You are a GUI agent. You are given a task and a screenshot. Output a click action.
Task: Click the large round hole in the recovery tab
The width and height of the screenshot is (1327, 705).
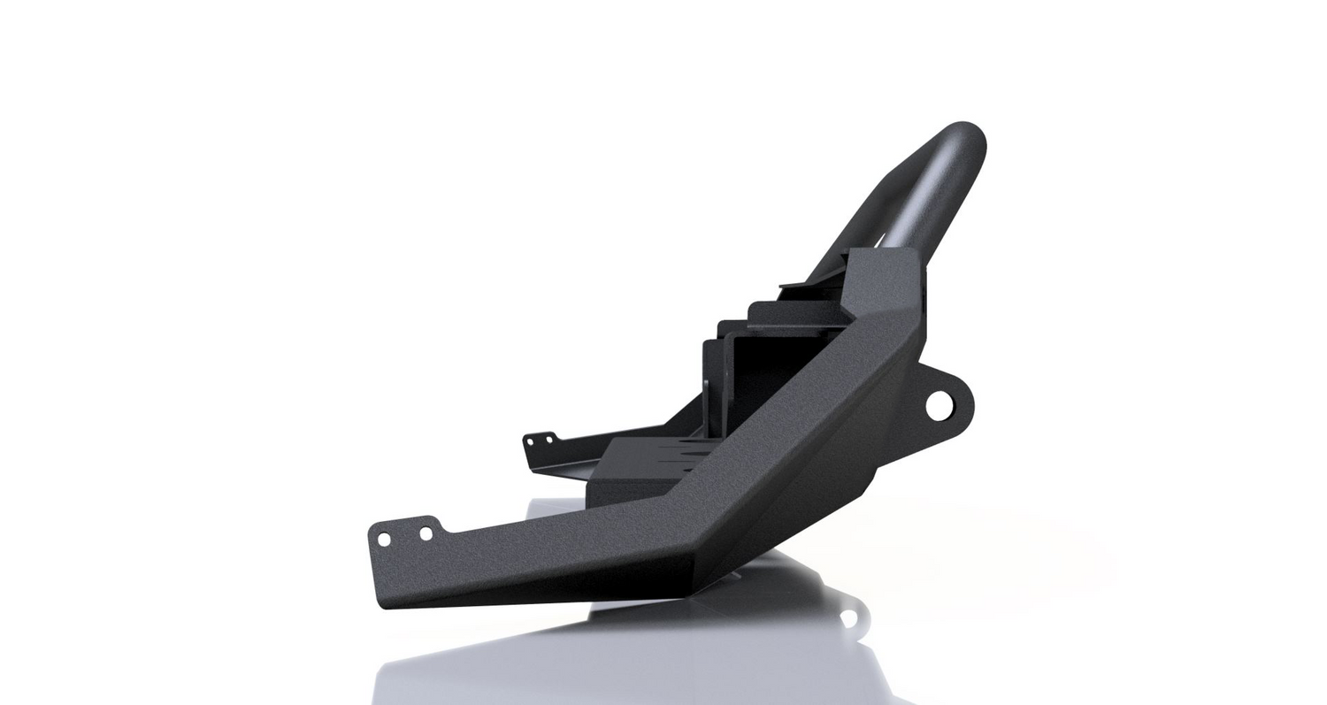(x=938, y=405)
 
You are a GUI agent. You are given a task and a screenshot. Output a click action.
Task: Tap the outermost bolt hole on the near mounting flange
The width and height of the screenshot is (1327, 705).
(x=384, y=539)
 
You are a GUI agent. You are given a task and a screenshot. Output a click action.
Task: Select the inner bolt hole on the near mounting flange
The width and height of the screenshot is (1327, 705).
(x=426, y=533)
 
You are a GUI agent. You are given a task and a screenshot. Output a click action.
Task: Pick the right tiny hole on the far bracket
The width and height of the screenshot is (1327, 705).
(x=549, y=437)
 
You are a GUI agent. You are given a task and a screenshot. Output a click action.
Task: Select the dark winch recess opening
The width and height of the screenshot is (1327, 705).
(x=752, y=372)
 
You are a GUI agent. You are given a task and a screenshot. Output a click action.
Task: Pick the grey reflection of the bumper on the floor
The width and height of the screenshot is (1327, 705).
(x=619, y=655)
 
